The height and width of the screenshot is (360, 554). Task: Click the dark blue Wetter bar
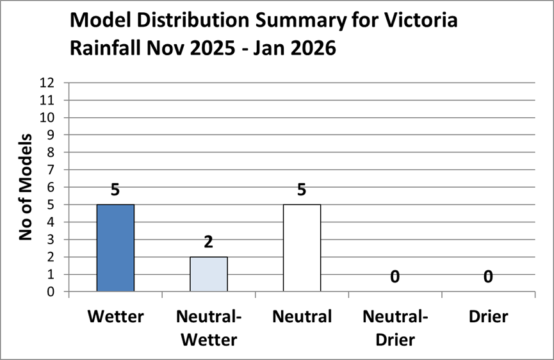tap(115, 248)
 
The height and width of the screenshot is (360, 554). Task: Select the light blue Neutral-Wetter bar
tap(209, 274)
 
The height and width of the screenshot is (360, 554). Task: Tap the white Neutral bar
tap(302, 248)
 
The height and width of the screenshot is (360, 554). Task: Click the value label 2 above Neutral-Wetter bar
tap(209, 242)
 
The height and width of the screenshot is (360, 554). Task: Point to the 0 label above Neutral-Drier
tap(395, 277)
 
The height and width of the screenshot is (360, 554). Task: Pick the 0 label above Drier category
tap(488, 277)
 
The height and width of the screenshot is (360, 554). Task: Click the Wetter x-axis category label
tap(115, 316)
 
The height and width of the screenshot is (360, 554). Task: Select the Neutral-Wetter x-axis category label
tap(209, 327)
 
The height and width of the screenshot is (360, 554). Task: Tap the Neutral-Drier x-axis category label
tap(395, 327)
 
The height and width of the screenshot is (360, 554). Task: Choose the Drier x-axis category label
tap(488, 316)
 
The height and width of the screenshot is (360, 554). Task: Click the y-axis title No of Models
tap(26, 187)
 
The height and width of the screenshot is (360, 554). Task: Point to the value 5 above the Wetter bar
tap(115, 190)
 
